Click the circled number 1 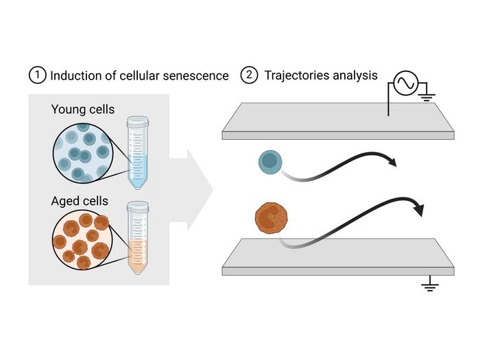pyautogui.click(x=36, y=75)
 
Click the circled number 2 pyautogui.click(x=248, y=75)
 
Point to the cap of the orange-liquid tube pyautogui.click(x=138, y=206)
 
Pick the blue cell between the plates pyautogui.click(x=269, y=162)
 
